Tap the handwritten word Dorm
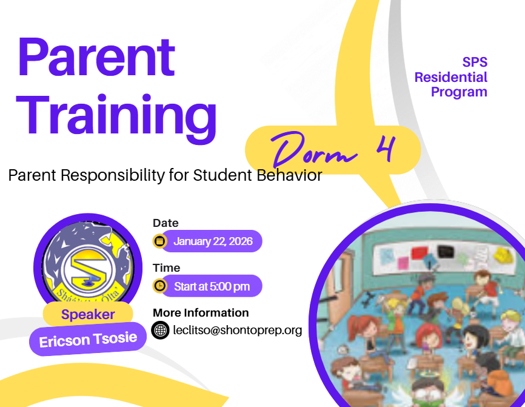[x=313, y=150]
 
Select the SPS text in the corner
[x=475, y=62]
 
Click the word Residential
[x=450, y=77]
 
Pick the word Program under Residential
[x=459, y=92]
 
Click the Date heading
[x=166, y=223]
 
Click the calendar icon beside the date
[x=160, y=241]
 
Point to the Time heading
[x=166, y=267]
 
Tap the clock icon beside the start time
[x=160, y=286]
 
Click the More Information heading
[x=201, y=312]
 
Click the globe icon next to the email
[x=160, y=331]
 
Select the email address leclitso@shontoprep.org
[x=237, y=331]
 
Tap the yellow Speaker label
[x=88, y=314]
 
